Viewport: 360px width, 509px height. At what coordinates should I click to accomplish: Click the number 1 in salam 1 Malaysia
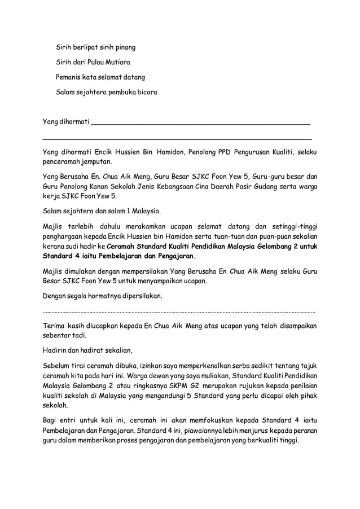[x=121, y=212]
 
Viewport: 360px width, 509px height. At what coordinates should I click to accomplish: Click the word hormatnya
[x=100, y=296]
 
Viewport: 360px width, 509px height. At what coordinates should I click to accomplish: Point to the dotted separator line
[x=179, y=311]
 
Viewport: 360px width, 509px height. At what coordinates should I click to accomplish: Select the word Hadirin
[x=56, y=349]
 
